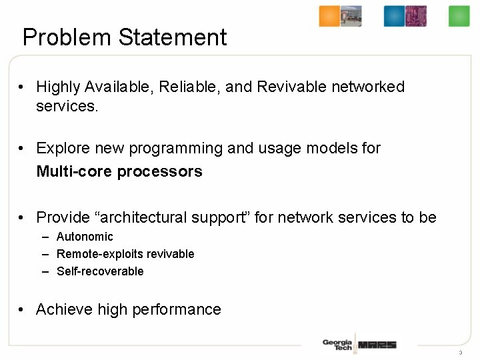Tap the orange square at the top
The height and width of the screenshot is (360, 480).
(x=329, y=16)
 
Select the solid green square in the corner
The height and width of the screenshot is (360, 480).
(x=459, y=16)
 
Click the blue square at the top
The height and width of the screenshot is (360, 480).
(x=394, y=16)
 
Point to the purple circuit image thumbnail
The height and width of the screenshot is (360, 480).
(x=416, y=16)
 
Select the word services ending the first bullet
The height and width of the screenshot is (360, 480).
(x=67, y=106)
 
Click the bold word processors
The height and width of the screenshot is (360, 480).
(x=159, y=171)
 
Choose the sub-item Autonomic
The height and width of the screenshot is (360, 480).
(x=85, y=237)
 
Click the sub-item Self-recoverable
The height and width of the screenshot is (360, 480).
(x=100, y=271)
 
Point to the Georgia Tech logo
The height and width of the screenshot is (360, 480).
(x=337, y=345)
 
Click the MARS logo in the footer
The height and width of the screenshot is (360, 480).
(x=377, y=345)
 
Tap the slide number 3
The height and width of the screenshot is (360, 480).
(x=460, y=353)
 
